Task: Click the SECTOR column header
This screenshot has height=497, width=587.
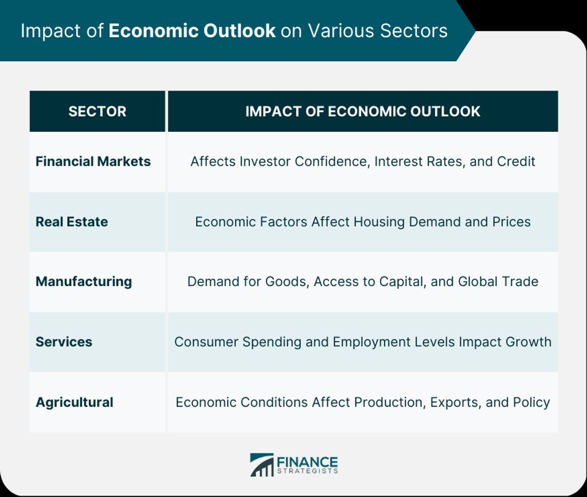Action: point(97,112)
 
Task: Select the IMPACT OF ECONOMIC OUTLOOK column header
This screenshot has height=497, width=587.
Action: point(363,112)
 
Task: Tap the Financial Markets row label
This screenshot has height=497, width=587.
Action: point(93,161)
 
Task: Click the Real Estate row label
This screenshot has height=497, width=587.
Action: point(72,222)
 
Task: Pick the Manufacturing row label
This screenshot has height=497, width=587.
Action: point(84,282)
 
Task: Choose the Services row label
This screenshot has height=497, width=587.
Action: point(64,342)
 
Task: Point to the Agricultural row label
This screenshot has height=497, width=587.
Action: point(75,402)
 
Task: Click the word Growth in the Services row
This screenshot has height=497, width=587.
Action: point(528,342)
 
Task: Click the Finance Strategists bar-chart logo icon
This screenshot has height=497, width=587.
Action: point(261,465)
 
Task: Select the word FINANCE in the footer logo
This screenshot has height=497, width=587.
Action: point(307,461)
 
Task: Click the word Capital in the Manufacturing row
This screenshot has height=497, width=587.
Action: point(403,282)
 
